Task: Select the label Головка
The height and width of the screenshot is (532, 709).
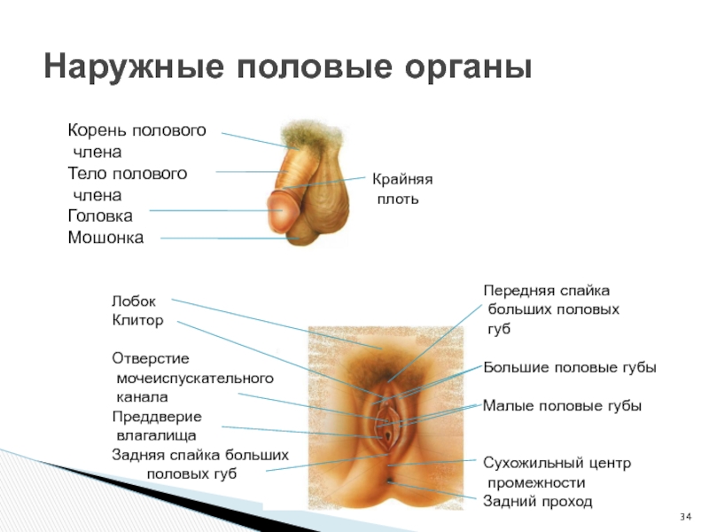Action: (100, 215)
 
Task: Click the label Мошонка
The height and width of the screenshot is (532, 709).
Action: (105, 238)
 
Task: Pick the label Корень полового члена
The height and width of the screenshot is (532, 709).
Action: (136, 141)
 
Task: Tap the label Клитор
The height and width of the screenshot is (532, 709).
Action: (137, 320)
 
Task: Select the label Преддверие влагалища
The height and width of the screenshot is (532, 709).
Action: (156, 426)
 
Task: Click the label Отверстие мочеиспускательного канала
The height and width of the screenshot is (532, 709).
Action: (191, 379)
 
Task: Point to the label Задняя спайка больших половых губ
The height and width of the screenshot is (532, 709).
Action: (199, 464)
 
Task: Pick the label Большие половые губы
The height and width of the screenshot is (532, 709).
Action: (569, 367)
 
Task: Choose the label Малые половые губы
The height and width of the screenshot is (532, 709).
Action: (561, 405)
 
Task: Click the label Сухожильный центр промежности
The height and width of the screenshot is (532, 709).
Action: (556, 473)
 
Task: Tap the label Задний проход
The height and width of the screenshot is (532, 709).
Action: (537, 502)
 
